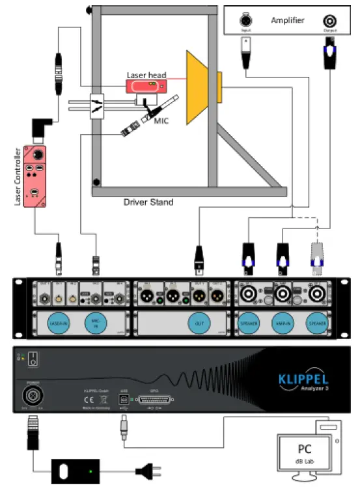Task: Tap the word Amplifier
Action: pos(287,21)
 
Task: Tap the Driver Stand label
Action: pos(148,202)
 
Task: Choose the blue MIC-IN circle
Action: pos(96,323)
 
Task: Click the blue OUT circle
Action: pos(198,323)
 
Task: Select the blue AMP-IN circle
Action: pos(282,323)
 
